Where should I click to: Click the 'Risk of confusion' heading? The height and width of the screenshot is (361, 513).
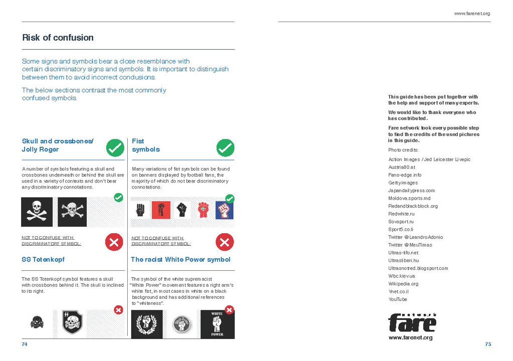point(58,38)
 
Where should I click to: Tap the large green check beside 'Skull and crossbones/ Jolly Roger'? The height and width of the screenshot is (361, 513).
point(115,148)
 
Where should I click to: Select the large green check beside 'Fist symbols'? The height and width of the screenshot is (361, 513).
point(225,148)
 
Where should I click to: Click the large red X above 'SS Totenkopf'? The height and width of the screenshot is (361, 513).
point(114,242)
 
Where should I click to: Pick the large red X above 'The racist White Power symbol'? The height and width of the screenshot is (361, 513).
point(224,242)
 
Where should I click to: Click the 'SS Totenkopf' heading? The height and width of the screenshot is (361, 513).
point(43,260)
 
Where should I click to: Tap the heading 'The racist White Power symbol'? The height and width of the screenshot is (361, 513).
point(180,260)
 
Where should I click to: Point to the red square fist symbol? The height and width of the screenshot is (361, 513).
point(161,210)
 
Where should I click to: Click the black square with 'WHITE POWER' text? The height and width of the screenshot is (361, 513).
point(217,324)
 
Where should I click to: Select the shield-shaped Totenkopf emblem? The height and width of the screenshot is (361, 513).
point(72,324)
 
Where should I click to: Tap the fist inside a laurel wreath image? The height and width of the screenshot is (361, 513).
point(147,324)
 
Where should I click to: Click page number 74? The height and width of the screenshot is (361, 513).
point(25,344)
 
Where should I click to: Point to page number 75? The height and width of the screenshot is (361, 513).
point(488,344)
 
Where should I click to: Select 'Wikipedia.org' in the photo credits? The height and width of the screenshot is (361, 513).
point(403,284)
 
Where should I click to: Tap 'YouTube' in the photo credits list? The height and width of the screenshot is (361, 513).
point(398,299)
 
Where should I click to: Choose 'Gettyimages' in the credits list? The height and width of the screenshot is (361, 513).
point(403,183)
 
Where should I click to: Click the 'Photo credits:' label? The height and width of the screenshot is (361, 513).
point(403,150)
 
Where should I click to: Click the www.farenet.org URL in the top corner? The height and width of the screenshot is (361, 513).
point(472,14)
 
